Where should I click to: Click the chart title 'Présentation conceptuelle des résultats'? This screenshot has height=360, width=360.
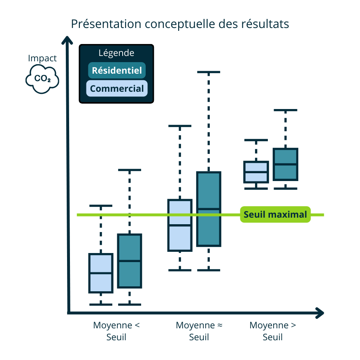[180, 24]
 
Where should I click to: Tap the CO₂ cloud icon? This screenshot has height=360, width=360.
[42, 78]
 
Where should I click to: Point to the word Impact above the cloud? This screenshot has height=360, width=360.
[42, 58]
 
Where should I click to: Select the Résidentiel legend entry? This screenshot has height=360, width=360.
[117, 70]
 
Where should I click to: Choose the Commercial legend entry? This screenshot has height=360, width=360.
[117, 88]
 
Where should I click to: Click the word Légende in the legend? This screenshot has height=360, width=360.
[116, 53]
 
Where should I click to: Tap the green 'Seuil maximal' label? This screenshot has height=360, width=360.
[275, 214]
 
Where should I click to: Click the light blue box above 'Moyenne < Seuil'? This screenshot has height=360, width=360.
[101, 273]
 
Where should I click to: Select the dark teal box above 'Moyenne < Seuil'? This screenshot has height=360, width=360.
[130, 261]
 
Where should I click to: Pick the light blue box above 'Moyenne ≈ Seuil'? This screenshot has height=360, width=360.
[180, 225]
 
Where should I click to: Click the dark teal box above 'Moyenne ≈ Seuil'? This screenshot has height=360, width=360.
[209, 209]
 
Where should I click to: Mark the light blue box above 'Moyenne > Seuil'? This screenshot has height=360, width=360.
[256, 172]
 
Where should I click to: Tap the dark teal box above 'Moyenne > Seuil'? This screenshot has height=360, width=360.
[286, 164]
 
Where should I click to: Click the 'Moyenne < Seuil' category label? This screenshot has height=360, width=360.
[116, 331]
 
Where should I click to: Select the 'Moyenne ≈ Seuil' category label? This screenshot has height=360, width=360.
[199, 331]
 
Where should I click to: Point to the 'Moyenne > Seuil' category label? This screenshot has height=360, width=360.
[273, 331]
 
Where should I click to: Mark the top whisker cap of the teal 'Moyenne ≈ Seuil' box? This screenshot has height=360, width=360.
[209, 72]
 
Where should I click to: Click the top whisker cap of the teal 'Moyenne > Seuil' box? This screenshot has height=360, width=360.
[286, 110]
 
